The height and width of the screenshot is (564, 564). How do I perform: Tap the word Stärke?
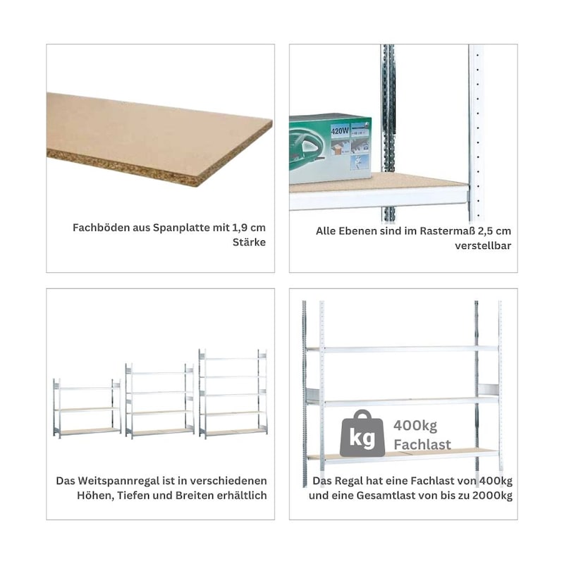point(249,243)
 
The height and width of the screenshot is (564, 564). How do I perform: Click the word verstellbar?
point(483,245)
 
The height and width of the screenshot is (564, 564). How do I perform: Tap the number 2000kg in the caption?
point(492,496)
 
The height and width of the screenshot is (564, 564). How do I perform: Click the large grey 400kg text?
point(415,426)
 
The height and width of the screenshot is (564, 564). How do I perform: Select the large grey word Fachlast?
point(422,445)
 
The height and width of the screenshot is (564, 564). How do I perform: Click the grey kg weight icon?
point(362,434)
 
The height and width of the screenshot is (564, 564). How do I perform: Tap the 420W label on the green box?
point(339,130)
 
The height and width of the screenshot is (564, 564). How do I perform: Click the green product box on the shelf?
point(330,149)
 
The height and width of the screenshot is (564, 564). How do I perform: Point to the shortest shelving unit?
point(87,408)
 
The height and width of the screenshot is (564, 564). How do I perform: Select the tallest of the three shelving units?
point(233,393)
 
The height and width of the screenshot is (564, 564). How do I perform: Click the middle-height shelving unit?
point(160,401)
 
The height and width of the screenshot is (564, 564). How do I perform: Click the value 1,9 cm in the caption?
point(249,228)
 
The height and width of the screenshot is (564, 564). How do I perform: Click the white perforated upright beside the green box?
point(476,133)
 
